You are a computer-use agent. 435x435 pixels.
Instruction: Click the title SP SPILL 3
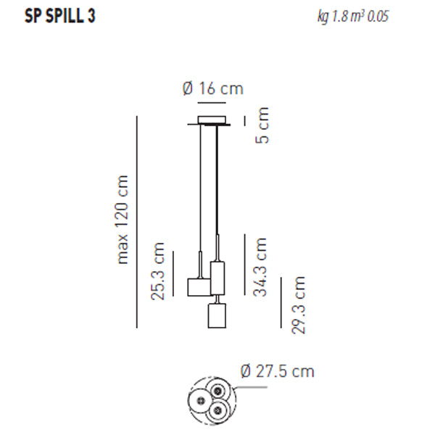pyautogui.click(x=60, y=16)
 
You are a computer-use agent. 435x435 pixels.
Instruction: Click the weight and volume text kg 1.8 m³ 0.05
pyautogui.click(x=353, y=17)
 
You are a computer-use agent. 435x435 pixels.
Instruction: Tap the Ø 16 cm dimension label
pyautogui.click(x=213, y=88)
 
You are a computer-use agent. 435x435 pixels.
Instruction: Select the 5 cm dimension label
pyautogui.click(x=262, y=125)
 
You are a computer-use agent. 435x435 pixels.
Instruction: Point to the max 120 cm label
pyautogui.click(x=122, y=220)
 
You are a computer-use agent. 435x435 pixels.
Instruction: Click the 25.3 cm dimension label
pyautogui.click(x=157, y=271)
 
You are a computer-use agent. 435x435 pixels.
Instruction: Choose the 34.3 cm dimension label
pyautogui.click(x=260, y=267)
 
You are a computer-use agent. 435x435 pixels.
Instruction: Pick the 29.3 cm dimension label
pyautogui.click(x=298, y=305)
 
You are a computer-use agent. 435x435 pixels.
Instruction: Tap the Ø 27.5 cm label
pyautogui.click(x=278, y=371)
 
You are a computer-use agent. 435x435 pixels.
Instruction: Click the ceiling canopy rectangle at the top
pyautogui.click(x=212, y=120)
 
